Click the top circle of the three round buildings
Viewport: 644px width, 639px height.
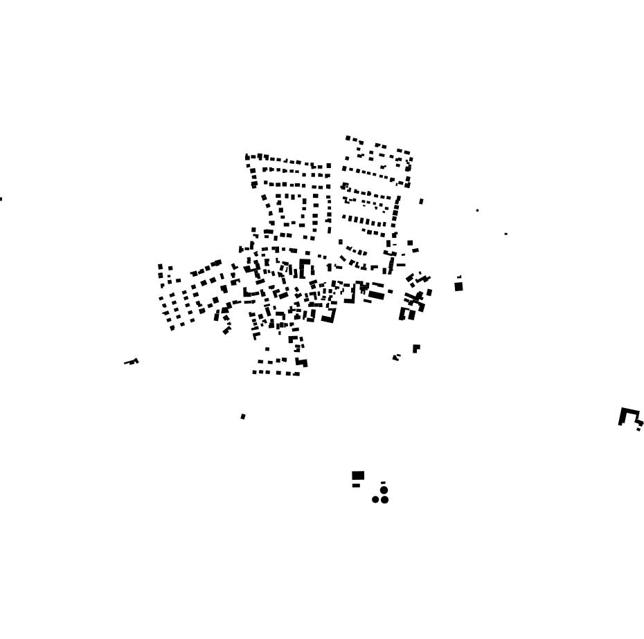[384, 490]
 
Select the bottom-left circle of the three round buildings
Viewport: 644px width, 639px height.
[375, 499]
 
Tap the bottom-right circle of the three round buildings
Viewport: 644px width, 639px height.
[385, 500]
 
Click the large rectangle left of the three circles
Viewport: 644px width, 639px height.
[358, 475]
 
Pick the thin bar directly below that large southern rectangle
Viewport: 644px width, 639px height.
[356, 485]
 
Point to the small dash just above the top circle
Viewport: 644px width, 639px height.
[383, 483]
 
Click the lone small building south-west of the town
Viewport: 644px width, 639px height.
[243, 416]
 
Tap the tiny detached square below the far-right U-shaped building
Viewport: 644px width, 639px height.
[638, 429]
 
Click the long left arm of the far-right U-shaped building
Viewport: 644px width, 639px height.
[622, 418]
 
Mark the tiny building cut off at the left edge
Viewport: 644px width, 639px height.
[1, 199]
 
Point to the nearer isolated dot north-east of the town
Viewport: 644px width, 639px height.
[477, 210]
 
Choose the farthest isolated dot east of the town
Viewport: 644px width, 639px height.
[506, 234]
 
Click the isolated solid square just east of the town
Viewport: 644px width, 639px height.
[458, 286]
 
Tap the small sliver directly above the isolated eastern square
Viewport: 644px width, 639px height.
[459, 277]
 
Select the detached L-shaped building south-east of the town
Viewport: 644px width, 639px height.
[416, 349]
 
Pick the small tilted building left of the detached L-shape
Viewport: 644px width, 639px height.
[396, 358]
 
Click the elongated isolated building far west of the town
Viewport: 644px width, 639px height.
[132, 361]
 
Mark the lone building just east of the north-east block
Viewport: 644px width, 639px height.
[421, 201]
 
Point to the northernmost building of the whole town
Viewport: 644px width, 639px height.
[348, 138]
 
